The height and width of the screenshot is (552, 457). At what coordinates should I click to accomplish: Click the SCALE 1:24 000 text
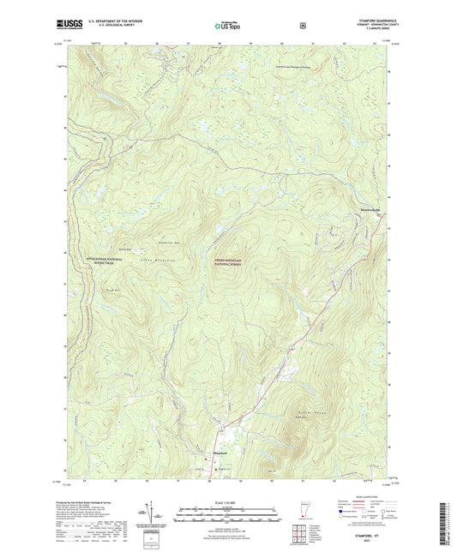pyautogui.click(x=228, y=501)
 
